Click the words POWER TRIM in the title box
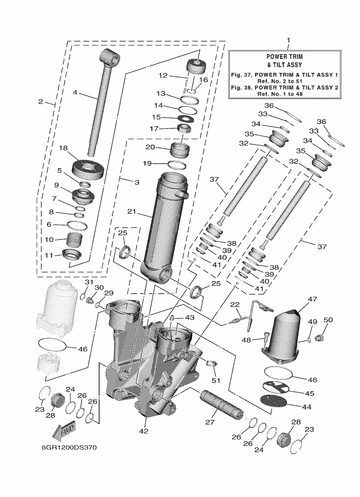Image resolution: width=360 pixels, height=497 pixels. (x=288, y=56)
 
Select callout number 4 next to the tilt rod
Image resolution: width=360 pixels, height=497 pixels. (x=75, y=92)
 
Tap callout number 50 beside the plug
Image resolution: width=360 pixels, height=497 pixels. (x=328, y=320)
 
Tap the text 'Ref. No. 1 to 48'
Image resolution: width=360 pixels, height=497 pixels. (x=288, y=94)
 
